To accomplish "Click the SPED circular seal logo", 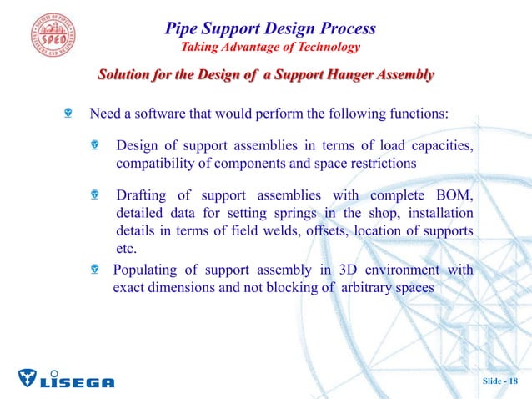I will pos(43,35).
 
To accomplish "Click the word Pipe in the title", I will pos(183,28).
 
